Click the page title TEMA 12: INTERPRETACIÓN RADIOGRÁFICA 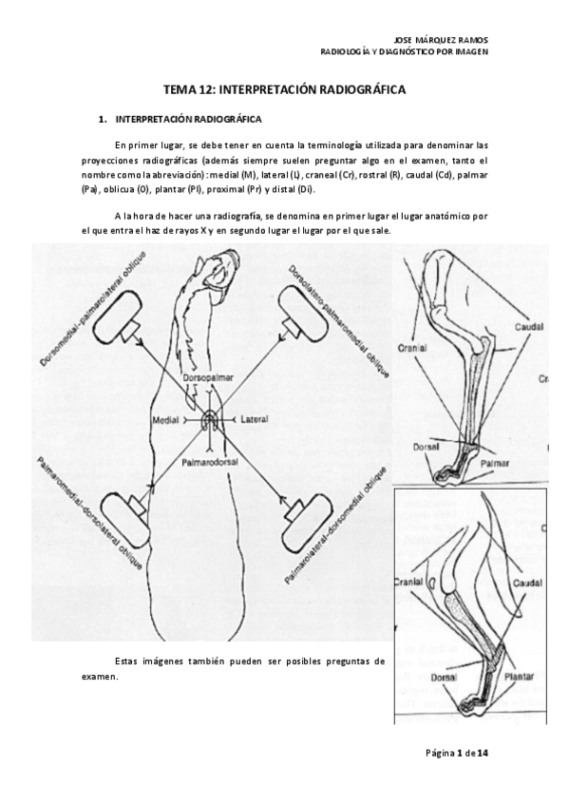[284, 89]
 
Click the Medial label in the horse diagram [168, 419]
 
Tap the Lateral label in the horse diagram [256, 418]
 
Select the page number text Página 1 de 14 [457, 754]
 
